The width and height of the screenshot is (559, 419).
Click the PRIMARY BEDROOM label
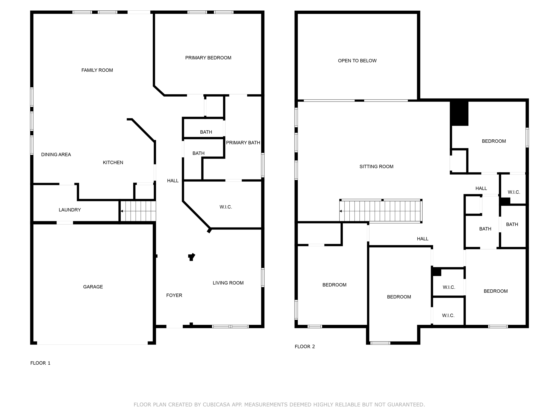coord(208,58)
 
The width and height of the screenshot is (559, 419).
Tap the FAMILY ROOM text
coord(97,70)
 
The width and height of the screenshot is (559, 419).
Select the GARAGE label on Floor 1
coord(93,287)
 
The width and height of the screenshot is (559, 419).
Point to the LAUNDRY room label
coord(70,210)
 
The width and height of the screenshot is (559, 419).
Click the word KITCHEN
coord(113,163)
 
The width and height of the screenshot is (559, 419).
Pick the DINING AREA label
coord(56,155)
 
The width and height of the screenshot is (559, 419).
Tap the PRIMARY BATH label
coord(243,143)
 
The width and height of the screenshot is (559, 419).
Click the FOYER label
coord(174,295)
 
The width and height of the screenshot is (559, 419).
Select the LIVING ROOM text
coord(228,283)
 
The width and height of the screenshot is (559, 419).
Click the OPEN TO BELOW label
coord(357,61)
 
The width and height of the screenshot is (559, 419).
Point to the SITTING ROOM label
coord(376,167)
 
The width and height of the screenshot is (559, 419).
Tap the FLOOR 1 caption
coord(40,363)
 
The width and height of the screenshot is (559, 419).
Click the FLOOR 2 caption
coord(305,347)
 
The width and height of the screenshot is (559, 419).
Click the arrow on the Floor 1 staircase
coord(122,211)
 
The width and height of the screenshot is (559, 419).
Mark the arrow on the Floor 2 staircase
coord(341,211)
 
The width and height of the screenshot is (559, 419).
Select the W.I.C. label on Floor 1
coord(225,207)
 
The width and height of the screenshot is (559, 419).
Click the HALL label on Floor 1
coord(173,181)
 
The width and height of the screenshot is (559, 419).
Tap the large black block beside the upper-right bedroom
coord(459,113)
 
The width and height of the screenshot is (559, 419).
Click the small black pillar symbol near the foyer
coord(192,257)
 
